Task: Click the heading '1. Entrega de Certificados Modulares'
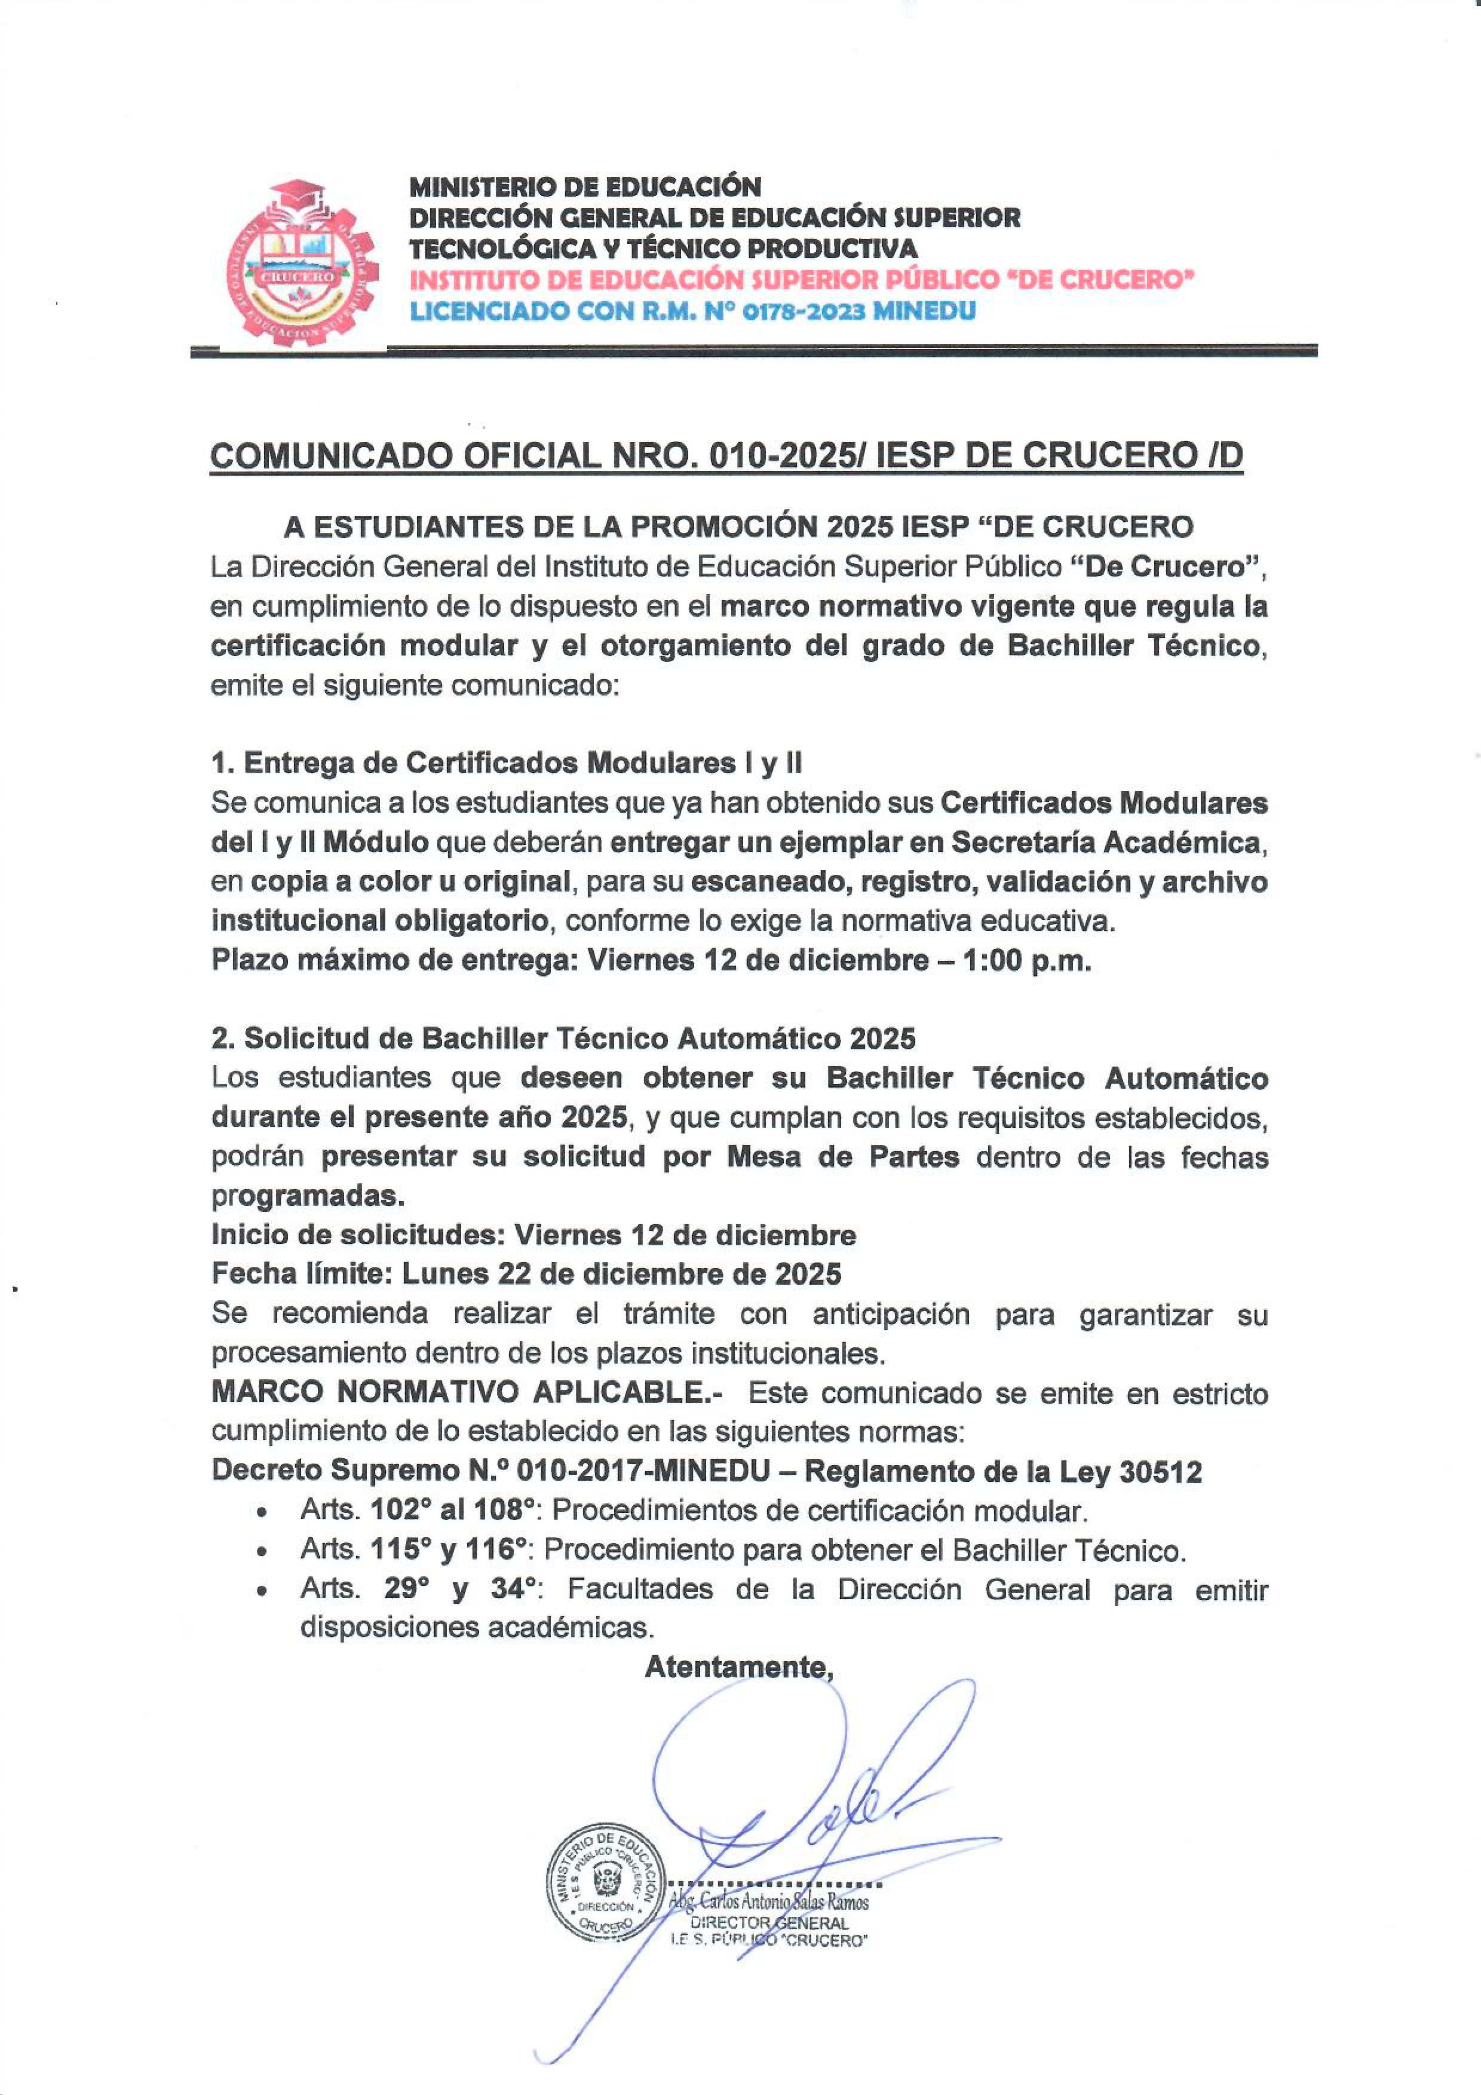click(x=507, y=763)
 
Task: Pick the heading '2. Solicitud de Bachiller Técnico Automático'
click(x=563, y=1039)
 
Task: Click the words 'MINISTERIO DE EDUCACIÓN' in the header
click(x=585, y=187)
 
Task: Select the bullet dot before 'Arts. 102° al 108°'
click(x=263, y=1512)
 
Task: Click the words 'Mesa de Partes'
click(x=842, y=1157)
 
